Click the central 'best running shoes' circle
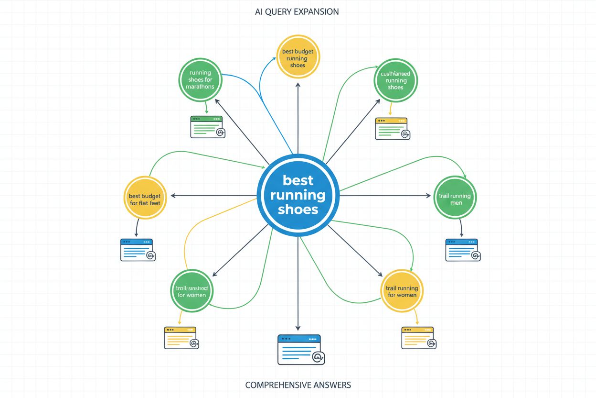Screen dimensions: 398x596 point(298,195)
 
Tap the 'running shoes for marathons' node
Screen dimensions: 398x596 point(201,80)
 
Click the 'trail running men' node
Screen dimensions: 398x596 point(454,199)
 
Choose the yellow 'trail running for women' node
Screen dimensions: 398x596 point(402,291)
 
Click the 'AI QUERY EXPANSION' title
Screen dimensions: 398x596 point(297,12)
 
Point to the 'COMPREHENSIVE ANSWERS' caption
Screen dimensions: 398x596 point(298,385)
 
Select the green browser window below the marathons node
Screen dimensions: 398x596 point(207,127)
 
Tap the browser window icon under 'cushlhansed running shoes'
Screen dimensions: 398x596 point(392,128)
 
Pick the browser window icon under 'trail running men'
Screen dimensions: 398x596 point(462,250)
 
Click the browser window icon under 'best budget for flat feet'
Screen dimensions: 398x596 point(137,250)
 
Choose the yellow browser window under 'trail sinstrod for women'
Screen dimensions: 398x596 point(181,338)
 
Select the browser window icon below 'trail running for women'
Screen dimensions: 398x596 point(418,338)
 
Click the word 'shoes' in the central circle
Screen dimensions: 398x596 point(298,209)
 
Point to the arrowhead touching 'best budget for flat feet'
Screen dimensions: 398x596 point(172,195)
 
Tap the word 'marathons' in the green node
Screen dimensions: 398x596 point(201,87)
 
